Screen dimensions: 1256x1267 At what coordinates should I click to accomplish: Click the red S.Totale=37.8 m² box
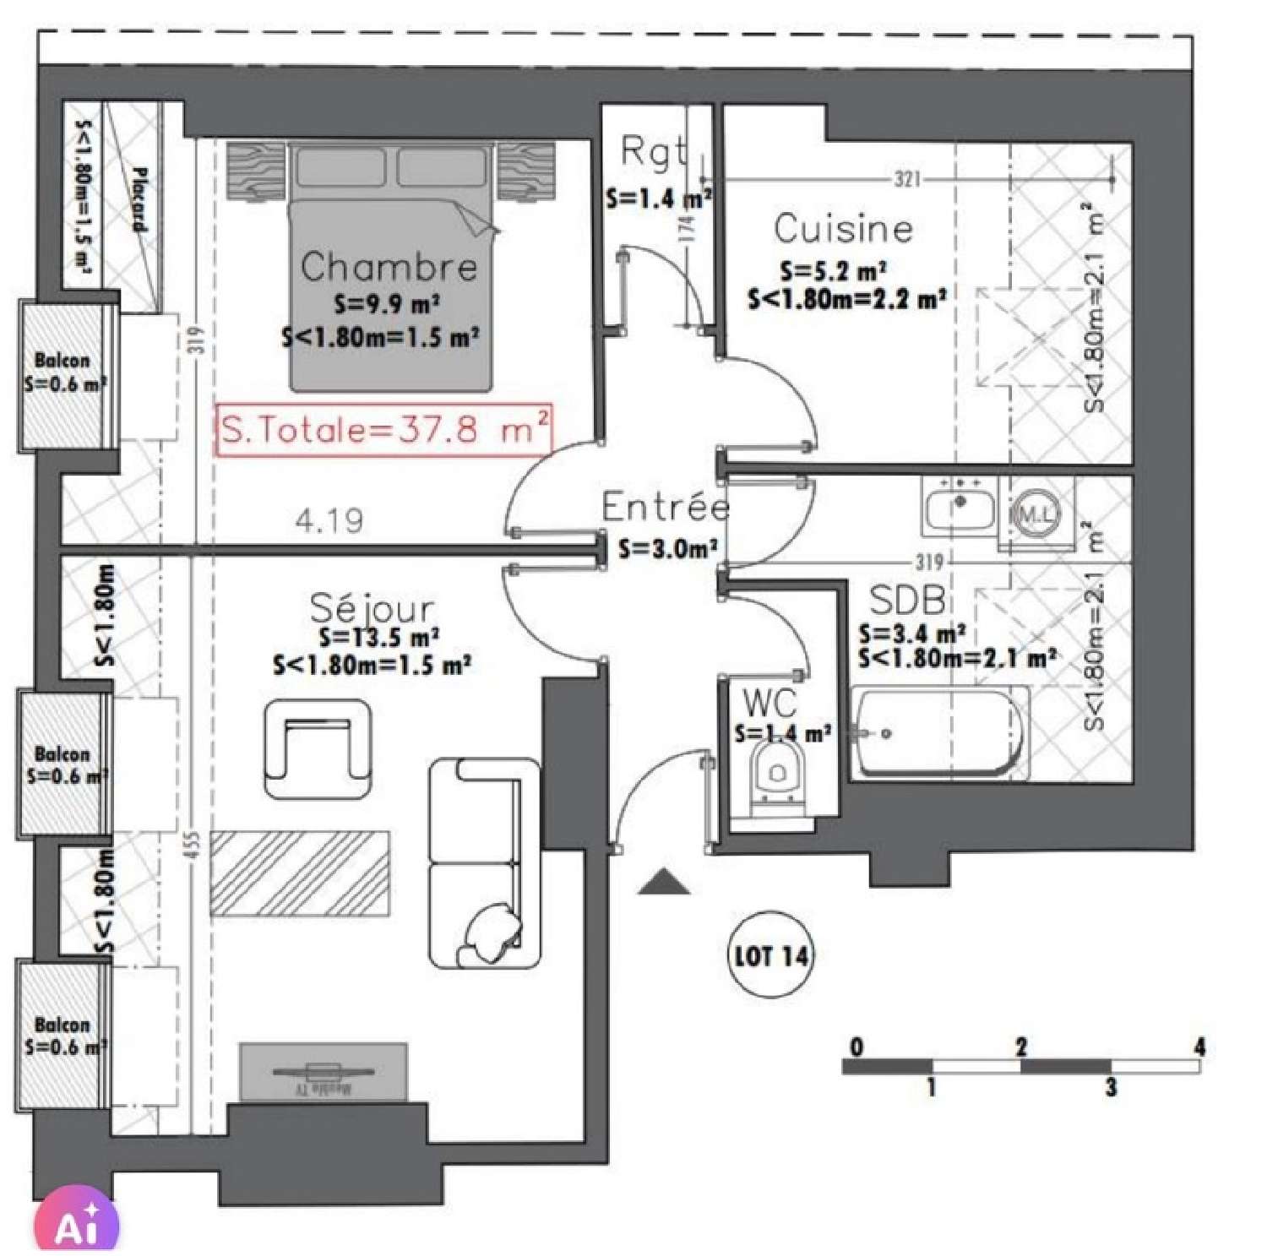click(384, 430)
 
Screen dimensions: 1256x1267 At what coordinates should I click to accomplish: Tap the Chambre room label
click(389, 267)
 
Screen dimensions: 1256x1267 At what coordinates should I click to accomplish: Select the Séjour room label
click(372, 607)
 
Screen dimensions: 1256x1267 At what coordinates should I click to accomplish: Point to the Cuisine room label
click(843, 229)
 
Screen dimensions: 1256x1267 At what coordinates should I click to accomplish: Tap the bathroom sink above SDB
click(959, 508)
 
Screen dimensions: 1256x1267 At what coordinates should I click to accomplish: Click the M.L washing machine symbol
click(1036, 513)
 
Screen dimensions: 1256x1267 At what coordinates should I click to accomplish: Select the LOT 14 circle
click(770, 955)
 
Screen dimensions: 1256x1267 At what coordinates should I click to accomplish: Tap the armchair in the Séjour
click(318, 748)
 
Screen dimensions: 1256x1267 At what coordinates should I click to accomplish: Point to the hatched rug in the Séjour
click(300, 873)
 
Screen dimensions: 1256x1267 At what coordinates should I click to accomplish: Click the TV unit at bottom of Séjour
click(323, 1073)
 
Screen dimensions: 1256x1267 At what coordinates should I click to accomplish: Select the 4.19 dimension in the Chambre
click(329, 520)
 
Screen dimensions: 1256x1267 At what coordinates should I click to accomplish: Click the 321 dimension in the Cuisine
click(907, 179)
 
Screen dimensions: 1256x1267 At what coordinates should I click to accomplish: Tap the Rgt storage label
click(653, 152)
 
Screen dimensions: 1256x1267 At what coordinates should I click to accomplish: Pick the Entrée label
click(665, 507)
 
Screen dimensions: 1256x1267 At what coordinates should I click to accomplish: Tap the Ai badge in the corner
click(76, 1222)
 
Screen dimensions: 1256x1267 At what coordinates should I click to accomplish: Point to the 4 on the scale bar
click(1199, 1047)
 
